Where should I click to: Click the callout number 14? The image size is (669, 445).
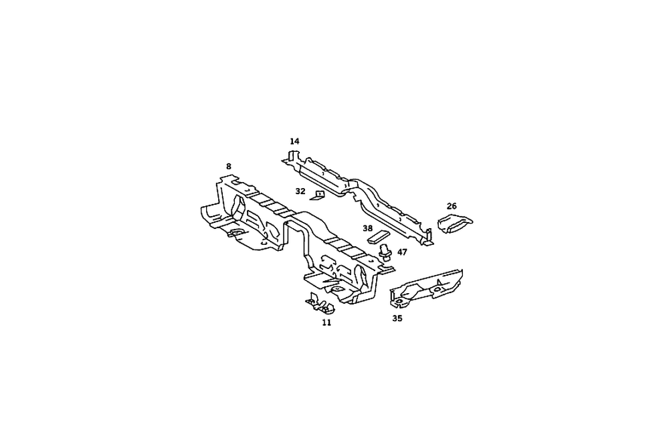tap(294, 141)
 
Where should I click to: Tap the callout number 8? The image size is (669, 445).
tap(229, 166)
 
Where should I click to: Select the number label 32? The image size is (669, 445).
tap(300, 191)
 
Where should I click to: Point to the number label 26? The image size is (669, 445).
tap(452, 205)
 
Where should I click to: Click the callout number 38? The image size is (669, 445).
tap(368, 228)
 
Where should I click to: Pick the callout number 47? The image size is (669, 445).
tap(402, 252)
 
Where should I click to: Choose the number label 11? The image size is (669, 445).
tap(326, 323)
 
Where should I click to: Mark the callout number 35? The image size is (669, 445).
tap(397, 319)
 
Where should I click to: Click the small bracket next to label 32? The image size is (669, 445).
tap(318, 195)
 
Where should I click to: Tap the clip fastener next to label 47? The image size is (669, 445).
tap(385, 253)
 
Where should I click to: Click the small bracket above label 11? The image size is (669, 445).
tap(321, 304)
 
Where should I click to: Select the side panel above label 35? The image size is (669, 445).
tap(428, 286)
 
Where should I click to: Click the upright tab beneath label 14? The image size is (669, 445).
tap(289, 157)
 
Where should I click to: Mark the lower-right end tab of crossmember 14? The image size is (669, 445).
tap(427, 241)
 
